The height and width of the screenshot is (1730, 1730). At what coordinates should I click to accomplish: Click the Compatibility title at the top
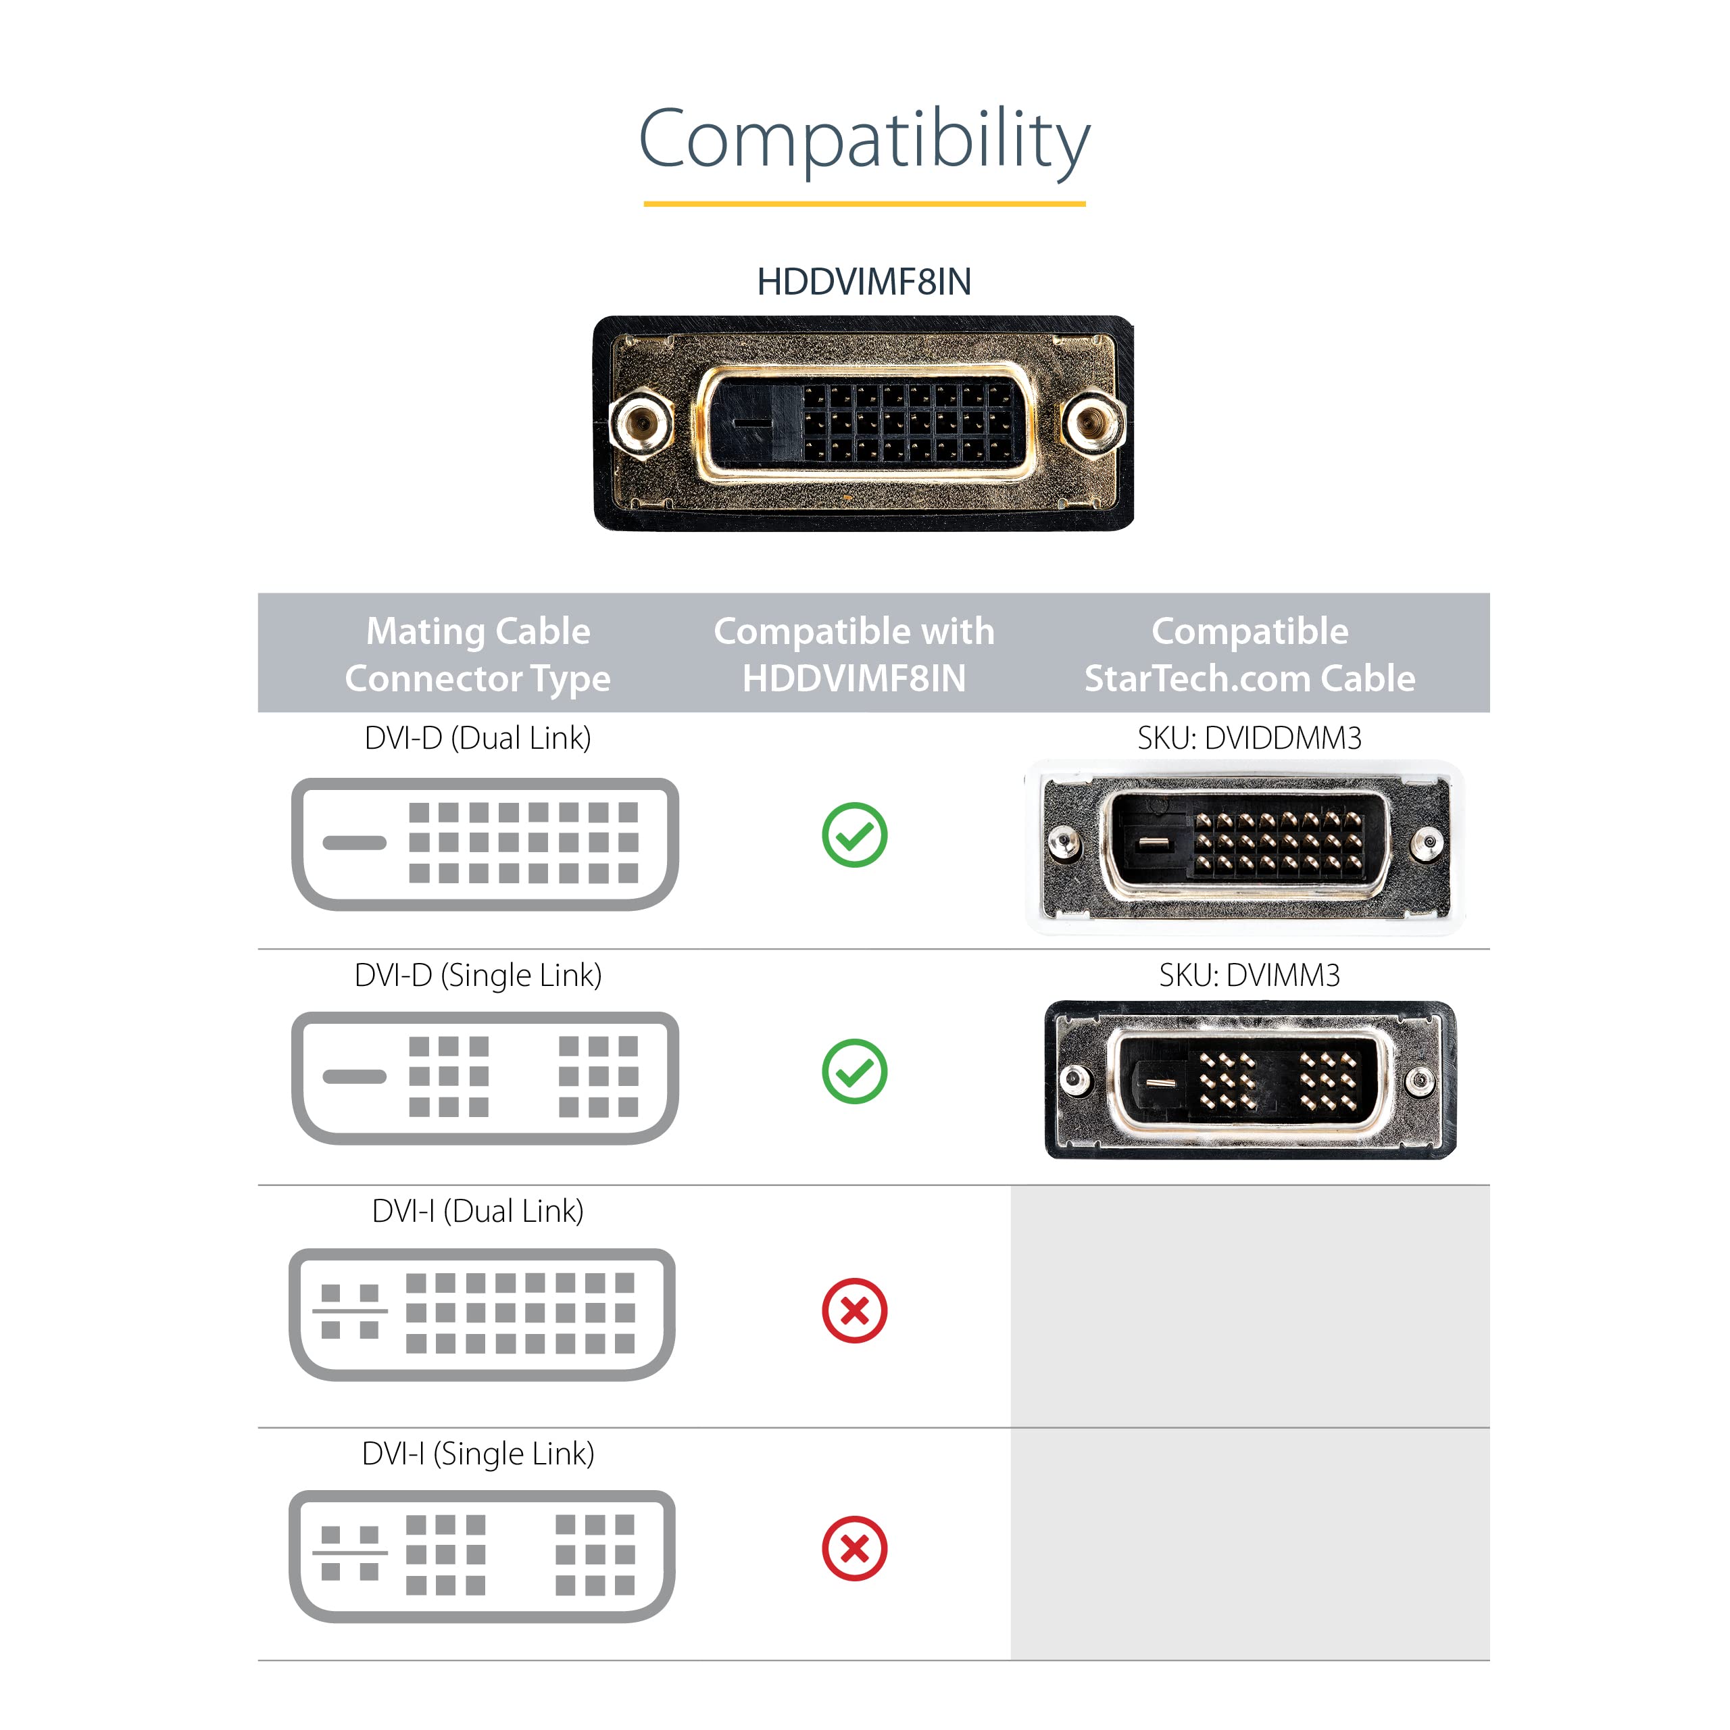(864, 139)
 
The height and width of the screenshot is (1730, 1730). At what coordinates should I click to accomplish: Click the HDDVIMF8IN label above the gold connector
(864, 282)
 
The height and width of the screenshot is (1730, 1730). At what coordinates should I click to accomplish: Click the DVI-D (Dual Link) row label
(478, 738)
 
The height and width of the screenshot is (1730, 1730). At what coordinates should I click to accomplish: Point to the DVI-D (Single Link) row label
(478, 975)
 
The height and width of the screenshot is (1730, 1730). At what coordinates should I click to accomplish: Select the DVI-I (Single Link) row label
(478, 1454)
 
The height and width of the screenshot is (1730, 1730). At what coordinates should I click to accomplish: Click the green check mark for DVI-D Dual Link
(854, 835)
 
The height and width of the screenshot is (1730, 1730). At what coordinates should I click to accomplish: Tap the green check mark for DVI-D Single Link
(854, 1072)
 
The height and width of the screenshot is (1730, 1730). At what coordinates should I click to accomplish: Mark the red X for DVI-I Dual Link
(854, 1311)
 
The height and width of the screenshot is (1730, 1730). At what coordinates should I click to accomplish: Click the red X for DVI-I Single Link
(854, 1548)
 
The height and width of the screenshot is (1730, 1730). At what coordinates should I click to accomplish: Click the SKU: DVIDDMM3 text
(1250, 738)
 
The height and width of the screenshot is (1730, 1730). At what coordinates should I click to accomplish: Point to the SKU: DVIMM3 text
(1250, 975)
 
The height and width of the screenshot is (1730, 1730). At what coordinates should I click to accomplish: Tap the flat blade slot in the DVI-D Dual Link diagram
(355, 843)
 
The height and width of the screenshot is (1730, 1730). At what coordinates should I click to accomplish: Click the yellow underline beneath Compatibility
(864, 204)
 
